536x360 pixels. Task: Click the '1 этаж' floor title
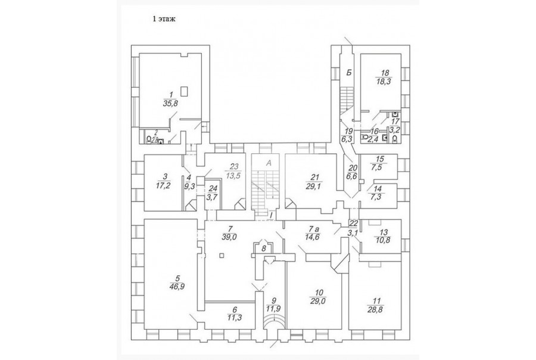[164, 18]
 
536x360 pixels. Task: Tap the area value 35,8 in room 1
[170, 103]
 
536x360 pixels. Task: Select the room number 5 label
[176, 277]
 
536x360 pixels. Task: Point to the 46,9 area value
[176, 286]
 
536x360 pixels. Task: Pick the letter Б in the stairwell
[349, 72]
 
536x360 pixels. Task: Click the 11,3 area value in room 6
[234, 318]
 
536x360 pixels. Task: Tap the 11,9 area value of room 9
[274, 308]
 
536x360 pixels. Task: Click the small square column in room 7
[221, 256]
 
